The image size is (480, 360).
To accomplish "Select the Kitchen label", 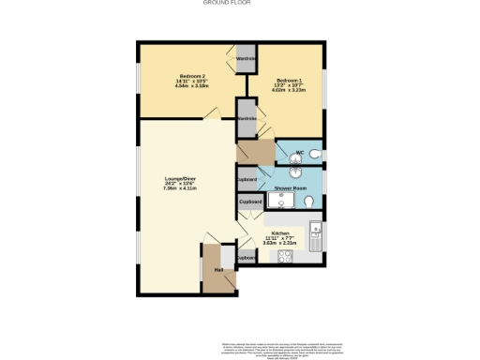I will pos(279,232).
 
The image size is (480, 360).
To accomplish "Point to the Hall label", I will pos(218,270).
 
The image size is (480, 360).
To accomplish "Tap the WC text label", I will pos(300,152).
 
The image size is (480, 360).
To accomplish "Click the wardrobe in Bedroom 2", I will pos(246,59).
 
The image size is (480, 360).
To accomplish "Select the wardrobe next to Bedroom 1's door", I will pos(247,119).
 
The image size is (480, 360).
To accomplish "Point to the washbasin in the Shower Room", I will pos(294,171).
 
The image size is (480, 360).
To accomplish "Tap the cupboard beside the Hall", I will pos(247,257).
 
